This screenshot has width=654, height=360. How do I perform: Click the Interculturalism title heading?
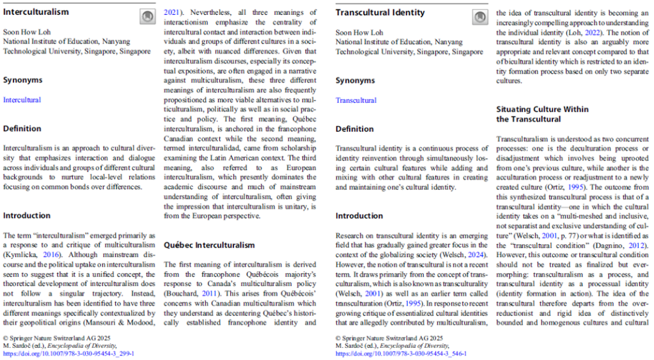tap(36, 12)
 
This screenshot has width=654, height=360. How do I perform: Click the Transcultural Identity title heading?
tap(380, 12)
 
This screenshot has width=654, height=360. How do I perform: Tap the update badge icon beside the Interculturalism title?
tap(146, 17)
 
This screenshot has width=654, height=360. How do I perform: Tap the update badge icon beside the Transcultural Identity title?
tap(479, 17)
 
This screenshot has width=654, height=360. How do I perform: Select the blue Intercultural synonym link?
tap(22, 100)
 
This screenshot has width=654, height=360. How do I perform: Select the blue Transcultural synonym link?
tap(356, 100)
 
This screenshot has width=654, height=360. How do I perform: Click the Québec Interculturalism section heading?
tap(209, 245)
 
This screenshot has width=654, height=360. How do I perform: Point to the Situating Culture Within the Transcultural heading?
tap(542, 114)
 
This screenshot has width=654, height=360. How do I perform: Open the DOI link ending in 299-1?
tap(68, 353)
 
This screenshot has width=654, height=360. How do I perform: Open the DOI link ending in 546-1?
tap(401, 353)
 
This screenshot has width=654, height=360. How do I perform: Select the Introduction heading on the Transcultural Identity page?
tap(359, 215)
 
